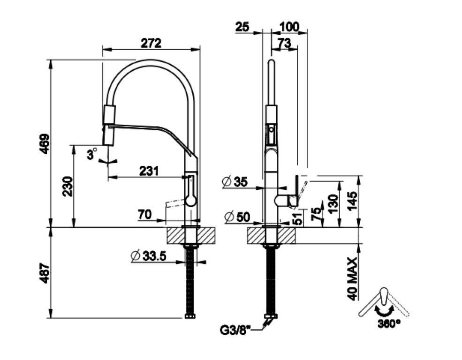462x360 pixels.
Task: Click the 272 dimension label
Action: coord(151,43)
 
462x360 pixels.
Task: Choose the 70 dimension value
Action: coord(144,215)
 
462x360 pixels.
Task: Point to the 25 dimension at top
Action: coord(242,27)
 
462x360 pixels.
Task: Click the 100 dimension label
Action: coord(289,27)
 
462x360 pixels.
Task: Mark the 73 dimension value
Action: coord(284,43)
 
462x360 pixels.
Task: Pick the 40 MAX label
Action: coord(352,278)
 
